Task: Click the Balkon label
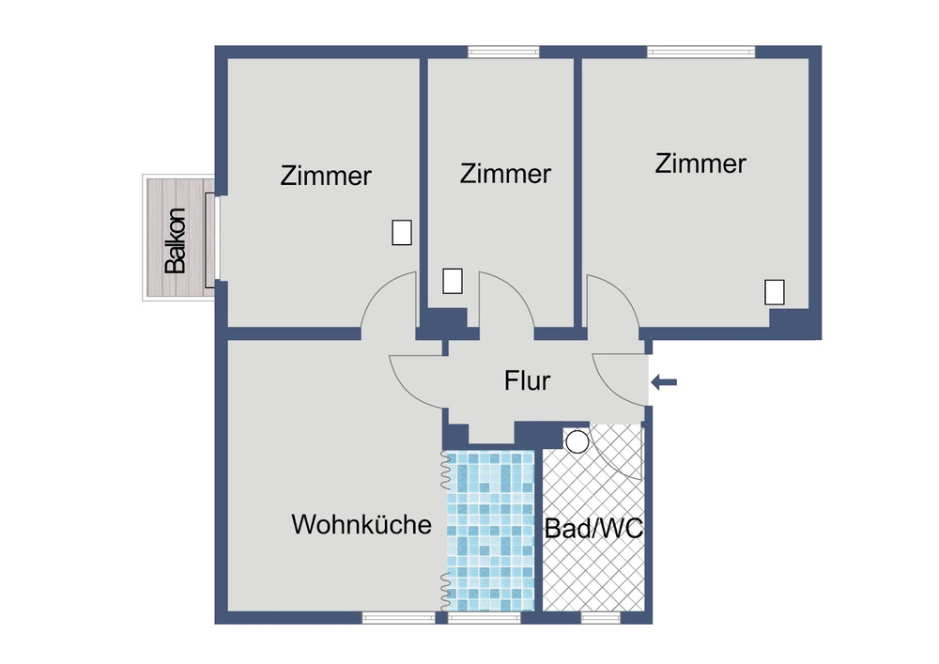pyautogui.click(x=176, y=240)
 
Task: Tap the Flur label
pyautogui.click(x=527, y=381)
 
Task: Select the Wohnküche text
pyautogui.click(x=362, y=524)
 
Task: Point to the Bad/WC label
pyautogui.click(x=593, y=528)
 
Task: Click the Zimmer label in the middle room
pyautogui.click(x=505, y=174)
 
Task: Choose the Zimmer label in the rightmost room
pyautogui.click(x=700, y=163)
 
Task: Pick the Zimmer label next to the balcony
pyautogui.click(x=326, y=176)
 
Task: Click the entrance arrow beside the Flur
pyautogui.click(x=664, y=381)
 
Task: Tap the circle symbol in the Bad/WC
pyautogui.click(x=577, y=440)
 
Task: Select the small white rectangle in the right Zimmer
pyautogui.click(x=775, y=292)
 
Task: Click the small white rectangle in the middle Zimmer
pyautogui.click(x=453, y=281)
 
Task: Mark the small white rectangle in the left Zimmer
pyautogui.click(x=402, y=232)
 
